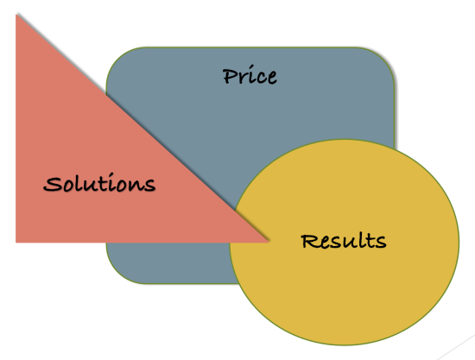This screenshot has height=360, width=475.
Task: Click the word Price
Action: (x=250, y=75)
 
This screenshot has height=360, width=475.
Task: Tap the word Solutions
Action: (x=99, y=182)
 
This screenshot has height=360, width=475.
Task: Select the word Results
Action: (x=344, y=241)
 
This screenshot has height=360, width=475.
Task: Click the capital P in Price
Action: (x=230, y=76)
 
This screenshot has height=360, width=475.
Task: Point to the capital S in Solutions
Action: (x=53, y=184)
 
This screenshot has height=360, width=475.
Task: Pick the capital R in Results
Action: (x=309, y=242)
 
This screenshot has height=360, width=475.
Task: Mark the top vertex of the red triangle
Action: (x=16, y=15)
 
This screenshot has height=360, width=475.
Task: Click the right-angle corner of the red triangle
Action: (x=16, y=242)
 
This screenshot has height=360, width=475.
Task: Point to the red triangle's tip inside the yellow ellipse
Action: (x=268, y=242)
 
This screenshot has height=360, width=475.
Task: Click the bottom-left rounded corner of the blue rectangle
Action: (x=116, y=275)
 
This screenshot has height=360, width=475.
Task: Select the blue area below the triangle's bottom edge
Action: (x=169, y=262)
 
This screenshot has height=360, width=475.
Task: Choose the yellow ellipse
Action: (x=344, y=243)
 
